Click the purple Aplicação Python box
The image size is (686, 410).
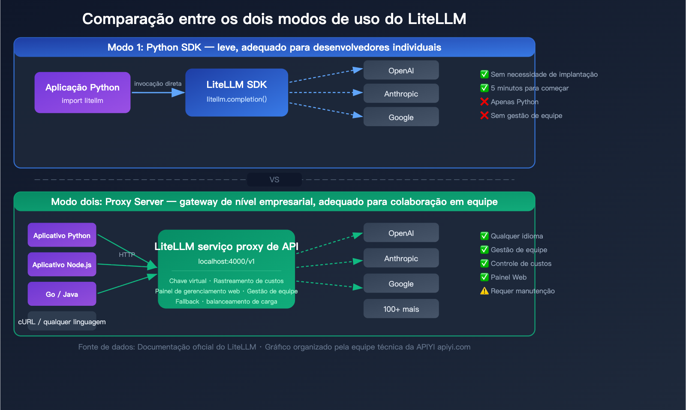click(82, 93)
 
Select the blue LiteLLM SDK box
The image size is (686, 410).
click(237, 92)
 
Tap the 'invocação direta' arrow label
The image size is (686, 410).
click(158, 84)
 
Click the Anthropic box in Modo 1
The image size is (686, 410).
click(401, 93)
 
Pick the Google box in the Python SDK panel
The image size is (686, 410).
click(401, 117)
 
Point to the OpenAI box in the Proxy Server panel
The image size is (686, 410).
click(401, 233)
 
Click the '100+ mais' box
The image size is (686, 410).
click(401, 309)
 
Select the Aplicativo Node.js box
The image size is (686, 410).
click(62, 265)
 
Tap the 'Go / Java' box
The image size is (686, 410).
click(62, 294)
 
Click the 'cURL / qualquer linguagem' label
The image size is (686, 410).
click(62, 322)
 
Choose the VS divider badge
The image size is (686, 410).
click(274, 180)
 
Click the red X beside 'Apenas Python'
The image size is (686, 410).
click(484, 102)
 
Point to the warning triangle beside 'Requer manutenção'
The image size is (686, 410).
click(484, 291)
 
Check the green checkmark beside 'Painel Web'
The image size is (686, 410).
click(484, 277)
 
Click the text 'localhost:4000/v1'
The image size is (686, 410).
click(226, 261)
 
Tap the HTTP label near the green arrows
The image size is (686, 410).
click(127, 255)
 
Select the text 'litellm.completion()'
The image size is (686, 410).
click(237, 99)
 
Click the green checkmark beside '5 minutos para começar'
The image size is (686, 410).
click(484, 88)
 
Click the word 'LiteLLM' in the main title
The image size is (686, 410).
click(436, 19)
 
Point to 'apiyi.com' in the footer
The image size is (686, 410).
click(454, 347)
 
